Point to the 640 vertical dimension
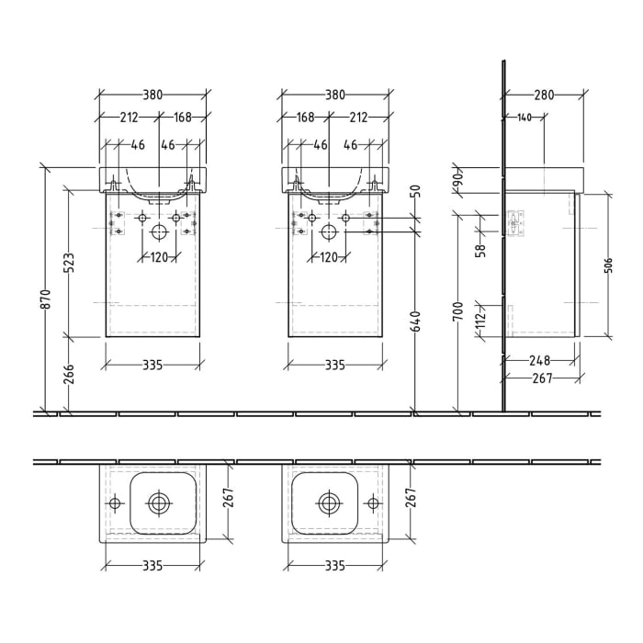coord(415,321)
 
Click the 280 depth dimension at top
coord(544,95)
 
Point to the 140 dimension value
coord(525,117)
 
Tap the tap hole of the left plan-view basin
coord(115,503)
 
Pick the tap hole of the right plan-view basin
coord(374,503)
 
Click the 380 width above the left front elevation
coord(152,95)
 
